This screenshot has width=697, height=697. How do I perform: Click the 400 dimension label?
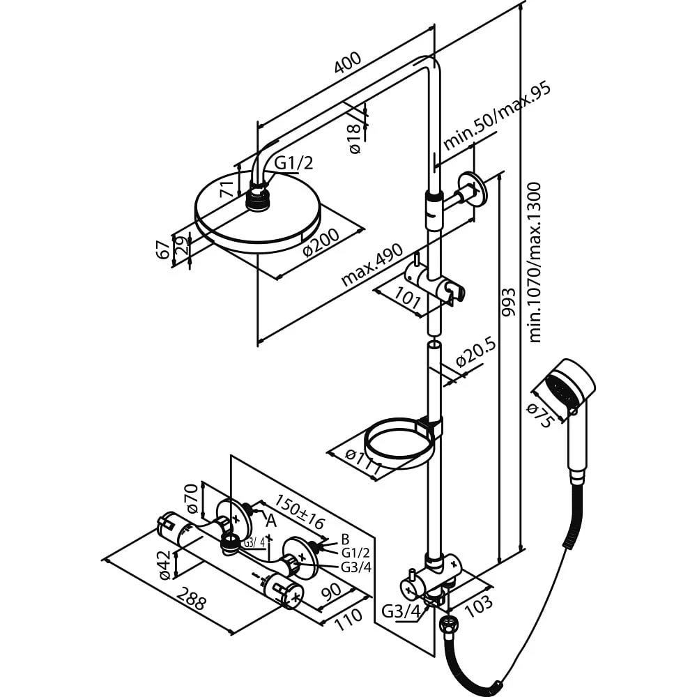[348, 63]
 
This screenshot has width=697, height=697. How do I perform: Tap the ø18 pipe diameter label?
[355, 138]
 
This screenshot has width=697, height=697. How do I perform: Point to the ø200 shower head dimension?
[321, 243]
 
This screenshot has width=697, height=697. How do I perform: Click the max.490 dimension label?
[372, 264]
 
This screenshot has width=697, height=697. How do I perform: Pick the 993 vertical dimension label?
[509, 302]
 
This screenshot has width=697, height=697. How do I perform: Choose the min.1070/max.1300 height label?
[535, 262]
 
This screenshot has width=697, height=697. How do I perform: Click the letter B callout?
[346, 539]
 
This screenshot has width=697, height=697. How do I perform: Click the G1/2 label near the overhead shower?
[294, 163]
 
